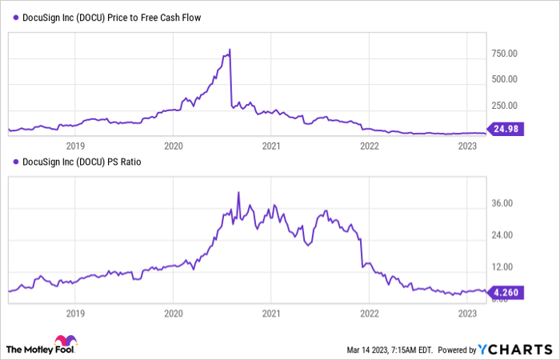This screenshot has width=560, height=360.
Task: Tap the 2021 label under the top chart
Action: pyautogui.click(x=271, y=146)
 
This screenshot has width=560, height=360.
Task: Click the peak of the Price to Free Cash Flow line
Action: pyautogui.click(x=230, y=50)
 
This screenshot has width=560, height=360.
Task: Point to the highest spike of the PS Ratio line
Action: pyautogui.click(x=238, y=192)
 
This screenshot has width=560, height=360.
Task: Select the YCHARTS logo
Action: pyautogui.click(x=515, y=349)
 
